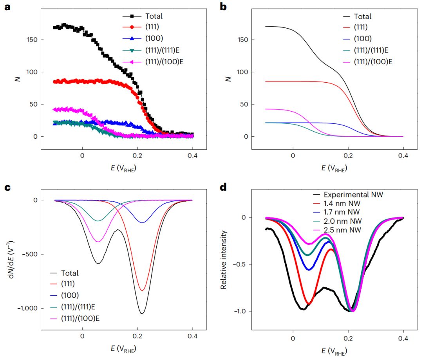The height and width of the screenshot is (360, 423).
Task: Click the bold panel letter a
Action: (x=7, y=7)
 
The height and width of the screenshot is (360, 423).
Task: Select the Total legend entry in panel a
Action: (x=154, y=16)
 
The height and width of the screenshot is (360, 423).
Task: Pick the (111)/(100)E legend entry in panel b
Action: (x=372, y=61)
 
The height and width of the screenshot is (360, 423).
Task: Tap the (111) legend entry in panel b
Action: (x=362, y=28)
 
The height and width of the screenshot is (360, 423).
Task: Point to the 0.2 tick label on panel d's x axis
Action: (x=348, y=338)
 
